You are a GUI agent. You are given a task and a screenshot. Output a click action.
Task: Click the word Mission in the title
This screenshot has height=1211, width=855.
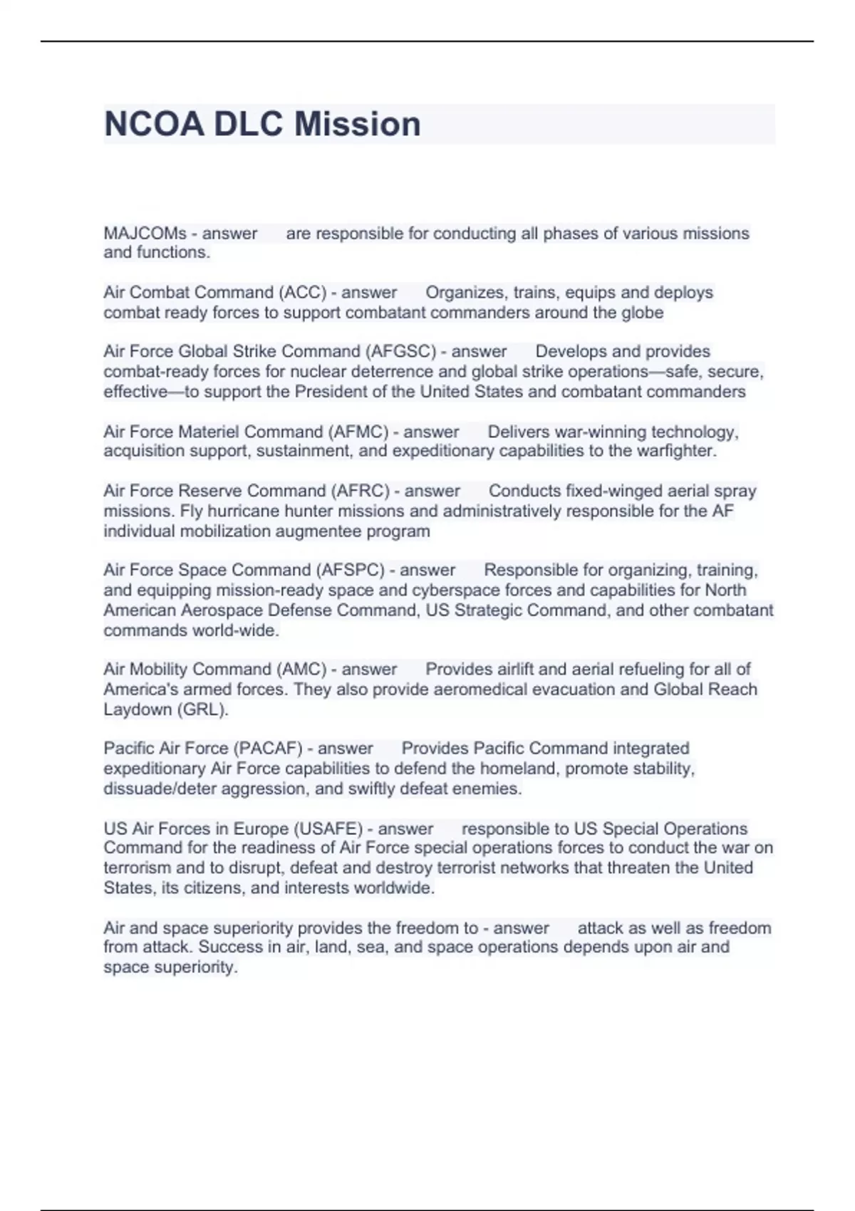(358, 124)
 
